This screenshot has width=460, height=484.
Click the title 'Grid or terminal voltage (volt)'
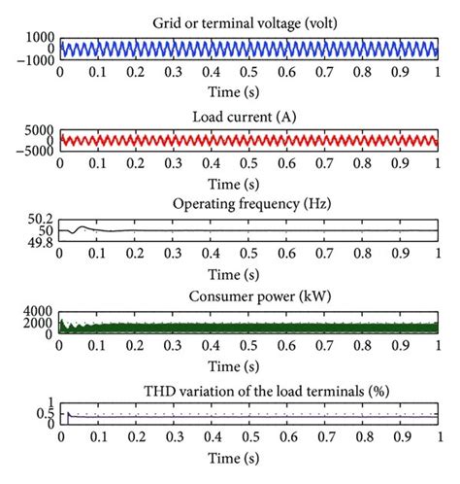point(249,20)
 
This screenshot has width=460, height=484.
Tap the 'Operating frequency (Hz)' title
point(249,204)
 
